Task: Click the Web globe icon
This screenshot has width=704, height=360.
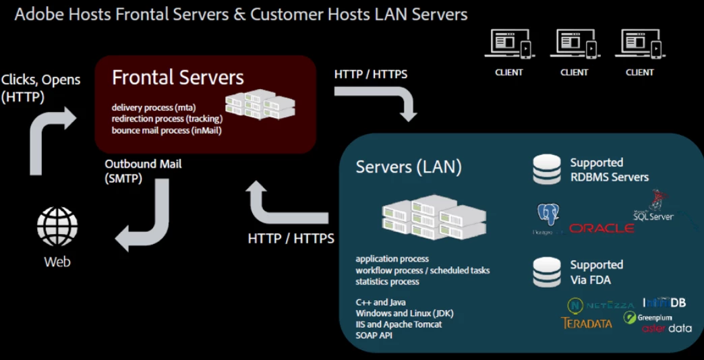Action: (57, 227)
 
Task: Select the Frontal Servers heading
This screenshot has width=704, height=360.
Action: (178, 78)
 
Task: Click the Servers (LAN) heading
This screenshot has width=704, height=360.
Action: (409, 167)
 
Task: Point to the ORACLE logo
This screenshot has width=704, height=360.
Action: (602, 229)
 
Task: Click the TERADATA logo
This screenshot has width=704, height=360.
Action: (587, 323)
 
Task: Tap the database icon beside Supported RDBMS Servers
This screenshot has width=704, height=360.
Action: (547, 169)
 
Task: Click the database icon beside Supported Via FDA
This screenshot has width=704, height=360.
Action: (547, 272)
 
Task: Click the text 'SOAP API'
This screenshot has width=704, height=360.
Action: (374, 335)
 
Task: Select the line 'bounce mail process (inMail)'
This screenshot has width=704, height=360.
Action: (167, 130)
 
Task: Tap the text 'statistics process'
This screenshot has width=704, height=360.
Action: (388, 281)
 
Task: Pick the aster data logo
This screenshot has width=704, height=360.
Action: (666, 328)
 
